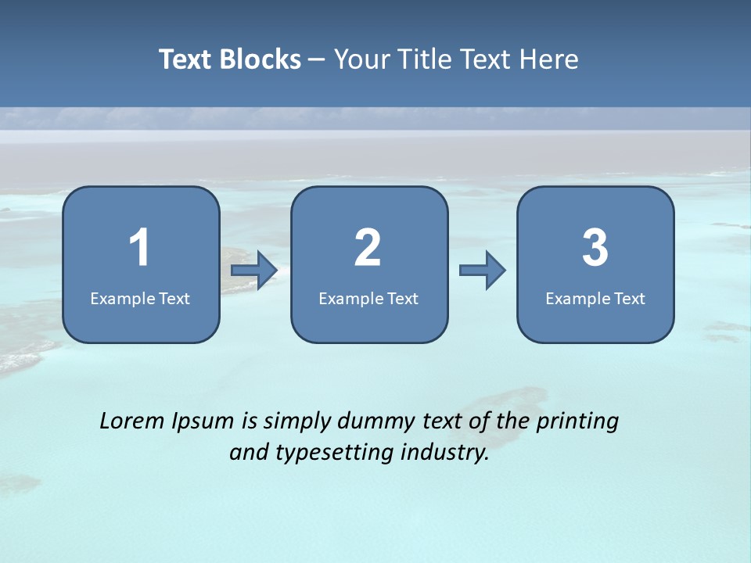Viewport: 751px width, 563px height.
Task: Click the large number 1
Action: pos(139,248)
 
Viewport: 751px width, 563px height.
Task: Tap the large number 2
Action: pos(368,248)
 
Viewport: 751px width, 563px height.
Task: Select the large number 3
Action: pos(595,248)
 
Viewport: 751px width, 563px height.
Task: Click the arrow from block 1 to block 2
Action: pos(255,271)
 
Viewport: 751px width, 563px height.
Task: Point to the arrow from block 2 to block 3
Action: pos(483,271)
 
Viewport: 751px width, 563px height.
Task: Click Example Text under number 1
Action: pos(140,298)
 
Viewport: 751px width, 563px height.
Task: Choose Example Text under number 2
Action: pos(368,298)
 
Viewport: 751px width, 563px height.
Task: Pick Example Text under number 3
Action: pos(595,298)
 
